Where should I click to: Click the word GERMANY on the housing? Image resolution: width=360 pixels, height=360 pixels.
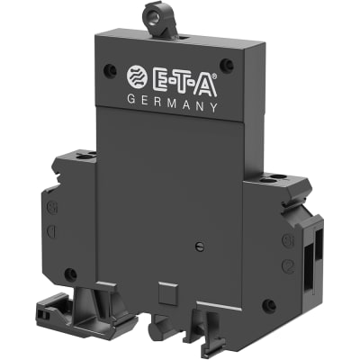point(175,104)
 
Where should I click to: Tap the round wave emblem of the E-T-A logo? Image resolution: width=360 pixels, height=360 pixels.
point(140,78)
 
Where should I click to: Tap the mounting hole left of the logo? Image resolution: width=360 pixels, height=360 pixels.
point(111,69)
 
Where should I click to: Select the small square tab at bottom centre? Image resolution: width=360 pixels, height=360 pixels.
point(165,292)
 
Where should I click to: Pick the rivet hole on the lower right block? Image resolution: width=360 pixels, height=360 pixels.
point(268,305)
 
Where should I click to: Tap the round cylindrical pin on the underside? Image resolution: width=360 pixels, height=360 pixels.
point(160,322)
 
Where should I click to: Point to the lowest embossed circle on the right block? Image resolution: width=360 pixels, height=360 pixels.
point(288,265)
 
